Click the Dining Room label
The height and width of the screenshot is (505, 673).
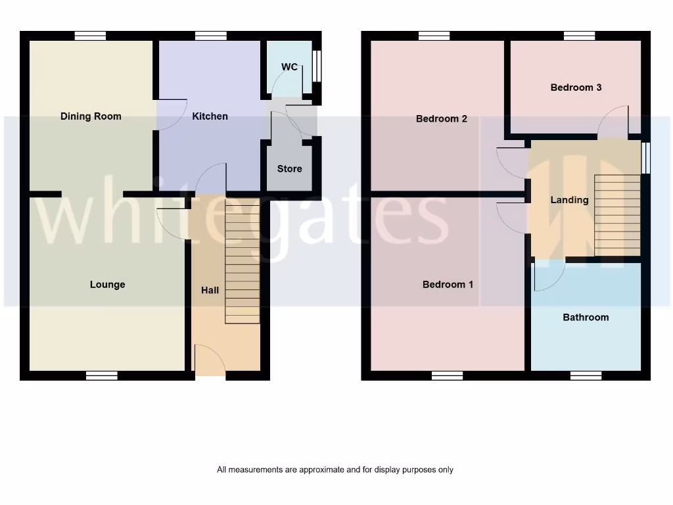pyautogui.click(x=91, y=116)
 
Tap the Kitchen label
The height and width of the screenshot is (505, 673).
pyautogui.click(x=210, y=116)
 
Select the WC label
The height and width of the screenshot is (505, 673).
pyautogui.click(x=289, y=67)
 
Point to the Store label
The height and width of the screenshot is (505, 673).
pyautogui.click(x=289, y=169)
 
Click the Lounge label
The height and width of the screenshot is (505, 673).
pyautogui.click(x=107, y=285)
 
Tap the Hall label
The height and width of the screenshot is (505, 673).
pyautogui.click(x=210, y=290)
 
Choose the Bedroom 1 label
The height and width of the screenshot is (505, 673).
pyautogui.click(x=448, y=285)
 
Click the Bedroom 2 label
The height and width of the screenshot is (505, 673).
pyautogui.click(x=442, y=119)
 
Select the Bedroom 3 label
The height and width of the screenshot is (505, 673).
pyautogui.click(x=576, y=87)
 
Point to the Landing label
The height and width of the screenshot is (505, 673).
pyautogui.click(x=569, y=200)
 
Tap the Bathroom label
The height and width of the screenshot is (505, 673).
pyautogui.click(x=586, y=318)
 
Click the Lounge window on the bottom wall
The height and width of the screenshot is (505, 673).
pyautogui.click(x=102, y=375)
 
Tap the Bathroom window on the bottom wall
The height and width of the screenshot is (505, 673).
pyautogui.click(x=586, y=375)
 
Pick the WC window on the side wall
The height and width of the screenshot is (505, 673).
pyautogui.click(x=317, y=66)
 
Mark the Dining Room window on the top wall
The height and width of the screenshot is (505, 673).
pyautogui.click(x=90, y=36)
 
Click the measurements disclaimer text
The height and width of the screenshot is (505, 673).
pyautogui.click(x=335, y=469)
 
